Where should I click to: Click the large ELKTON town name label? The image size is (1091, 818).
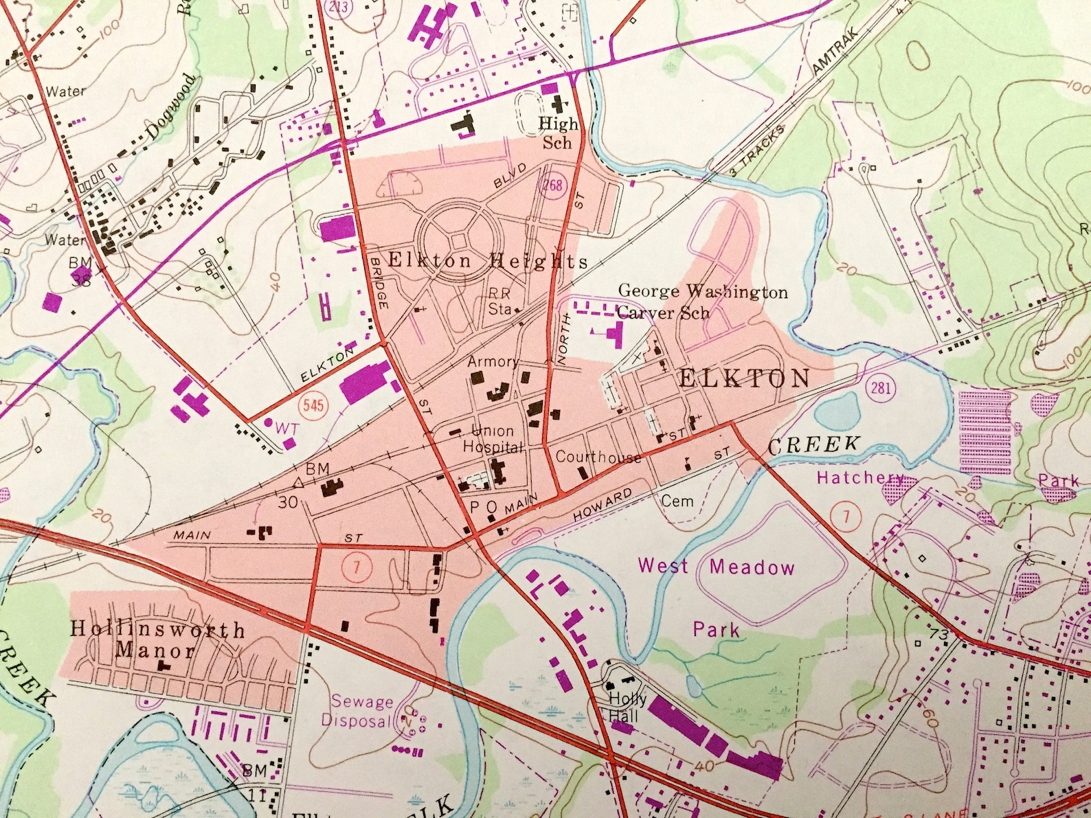point(744,378)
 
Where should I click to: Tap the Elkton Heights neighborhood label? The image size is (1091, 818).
point(488,261)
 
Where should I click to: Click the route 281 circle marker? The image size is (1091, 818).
point(880,388)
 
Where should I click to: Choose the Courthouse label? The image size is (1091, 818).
point(598,457)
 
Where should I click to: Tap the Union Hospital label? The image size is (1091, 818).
point(493,439)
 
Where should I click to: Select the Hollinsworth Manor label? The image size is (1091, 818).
point(157,639)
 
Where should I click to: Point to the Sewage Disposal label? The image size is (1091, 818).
point(357,712)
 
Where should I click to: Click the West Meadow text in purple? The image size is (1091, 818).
point(716,567)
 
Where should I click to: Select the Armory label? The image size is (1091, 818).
point(493,361)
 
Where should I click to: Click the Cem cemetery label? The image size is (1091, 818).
point(677,501)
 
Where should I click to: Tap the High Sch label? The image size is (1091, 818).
point(557,133)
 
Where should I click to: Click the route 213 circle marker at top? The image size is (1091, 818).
point(339,7)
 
